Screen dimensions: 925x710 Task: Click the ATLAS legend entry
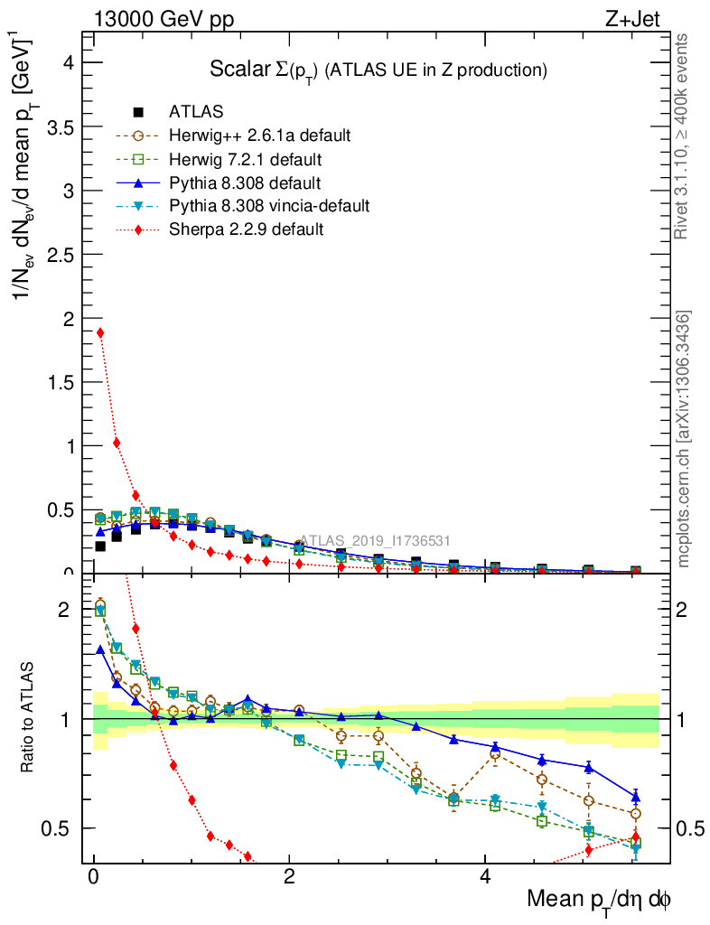196,112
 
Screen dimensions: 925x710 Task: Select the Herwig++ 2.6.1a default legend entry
259,135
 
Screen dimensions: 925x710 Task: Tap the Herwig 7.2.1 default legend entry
245,159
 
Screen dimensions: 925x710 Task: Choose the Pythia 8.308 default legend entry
245,182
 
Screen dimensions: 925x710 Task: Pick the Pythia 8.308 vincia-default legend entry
268,206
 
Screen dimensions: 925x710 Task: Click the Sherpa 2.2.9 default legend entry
246,229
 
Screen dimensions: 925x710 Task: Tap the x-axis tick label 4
484,877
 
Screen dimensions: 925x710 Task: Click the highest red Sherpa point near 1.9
100,332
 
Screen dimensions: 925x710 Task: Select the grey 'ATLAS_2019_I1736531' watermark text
375,540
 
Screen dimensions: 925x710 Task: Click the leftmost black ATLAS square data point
100,546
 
